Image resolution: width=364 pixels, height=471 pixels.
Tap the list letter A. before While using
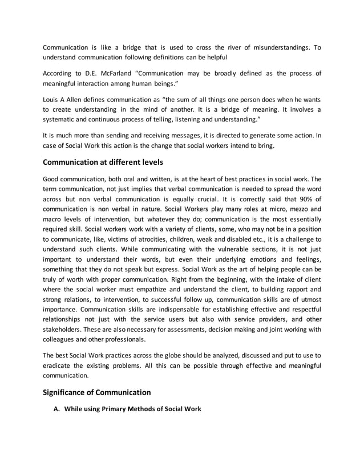(56, 408)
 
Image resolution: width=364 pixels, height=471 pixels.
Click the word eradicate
(59, 365)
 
